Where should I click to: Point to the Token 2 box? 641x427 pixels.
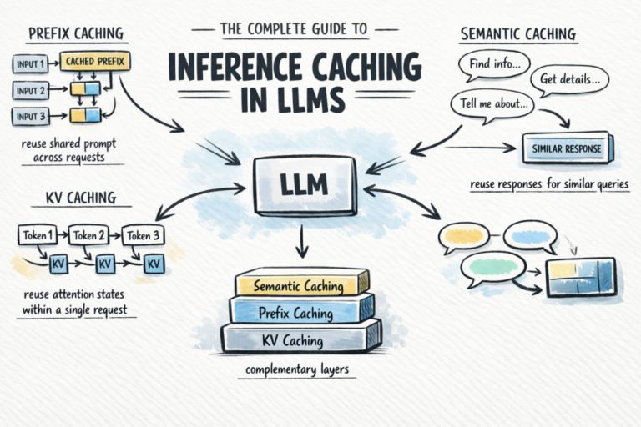click(90, 235)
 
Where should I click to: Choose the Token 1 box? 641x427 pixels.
click(37, 235)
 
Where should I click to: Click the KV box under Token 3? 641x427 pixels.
click(154, 264)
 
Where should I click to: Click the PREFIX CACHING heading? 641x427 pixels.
click(76, 33)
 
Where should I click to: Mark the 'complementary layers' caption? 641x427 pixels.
click(296, 369)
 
